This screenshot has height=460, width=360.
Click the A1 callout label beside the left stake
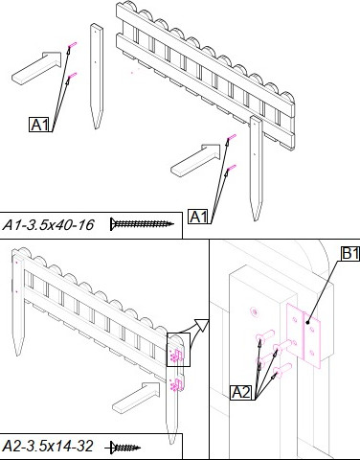pos(40,125)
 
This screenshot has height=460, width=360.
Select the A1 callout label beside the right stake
pos(199,217)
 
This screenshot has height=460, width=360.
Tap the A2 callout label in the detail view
pos(241,392)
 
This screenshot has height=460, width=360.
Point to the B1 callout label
pos(349,253)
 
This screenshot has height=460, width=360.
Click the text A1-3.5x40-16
pos(48,225)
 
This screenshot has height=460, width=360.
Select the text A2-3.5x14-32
pos(48,446)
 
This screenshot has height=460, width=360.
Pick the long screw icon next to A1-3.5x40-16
pos(143,223)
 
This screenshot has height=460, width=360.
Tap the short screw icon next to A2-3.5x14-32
pos(123,448)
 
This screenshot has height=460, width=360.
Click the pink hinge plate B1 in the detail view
pos(304,335)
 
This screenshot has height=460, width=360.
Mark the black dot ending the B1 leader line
pos(307,322)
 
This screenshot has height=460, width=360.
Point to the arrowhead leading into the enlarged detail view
pos(202,326)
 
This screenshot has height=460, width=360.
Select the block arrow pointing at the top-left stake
pos(37,67)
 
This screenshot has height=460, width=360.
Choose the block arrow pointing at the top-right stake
pos(196,160)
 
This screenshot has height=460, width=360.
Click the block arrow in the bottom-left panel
pos(136,399)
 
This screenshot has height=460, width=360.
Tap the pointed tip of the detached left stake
pos(96,128)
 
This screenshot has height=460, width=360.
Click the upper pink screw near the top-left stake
pos(72,45)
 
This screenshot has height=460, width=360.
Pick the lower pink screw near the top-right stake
pos(232,168)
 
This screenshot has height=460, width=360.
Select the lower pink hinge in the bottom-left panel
pos(177,384)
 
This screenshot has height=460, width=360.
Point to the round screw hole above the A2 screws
pos(254,311)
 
